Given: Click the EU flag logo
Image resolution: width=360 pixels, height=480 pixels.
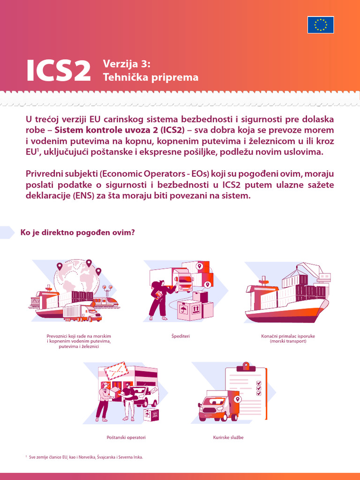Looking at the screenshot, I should pyautogui.click(x=321, y=24).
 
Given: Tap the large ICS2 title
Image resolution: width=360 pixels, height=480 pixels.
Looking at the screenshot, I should pyautogui.click(x=58, y=70).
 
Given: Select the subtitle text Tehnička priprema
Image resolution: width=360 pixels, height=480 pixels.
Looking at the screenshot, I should pyautogui.click(x=150, y=77).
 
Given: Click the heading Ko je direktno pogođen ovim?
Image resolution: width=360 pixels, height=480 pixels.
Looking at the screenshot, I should pyautogui.click(x=78, y=232).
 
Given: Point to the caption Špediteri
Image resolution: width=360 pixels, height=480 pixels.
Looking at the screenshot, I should pyautogui.click(x=180, y=336).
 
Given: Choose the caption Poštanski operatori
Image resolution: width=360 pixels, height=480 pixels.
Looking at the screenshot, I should pyautogui.click(x=126, y=437).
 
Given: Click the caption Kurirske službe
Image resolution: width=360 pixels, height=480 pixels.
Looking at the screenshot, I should pyautogui.click(x=228, y=437).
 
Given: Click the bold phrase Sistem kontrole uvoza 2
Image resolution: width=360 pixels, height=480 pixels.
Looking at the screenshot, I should pyautogui.click(x=106, y=130).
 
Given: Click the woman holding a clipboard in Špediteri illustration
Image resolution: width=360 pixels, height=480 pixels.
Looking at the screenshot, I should pyautogui.click(x=157, y=300).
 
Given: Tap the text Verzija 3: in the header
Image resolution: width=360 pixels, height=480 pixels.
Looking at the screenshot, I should pyautogui.click(x=127, y=65).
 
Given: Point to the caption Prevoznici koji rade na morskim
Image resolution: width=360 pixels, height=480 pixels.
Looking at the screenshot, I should pyautogui.click(x=79, y=336).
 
